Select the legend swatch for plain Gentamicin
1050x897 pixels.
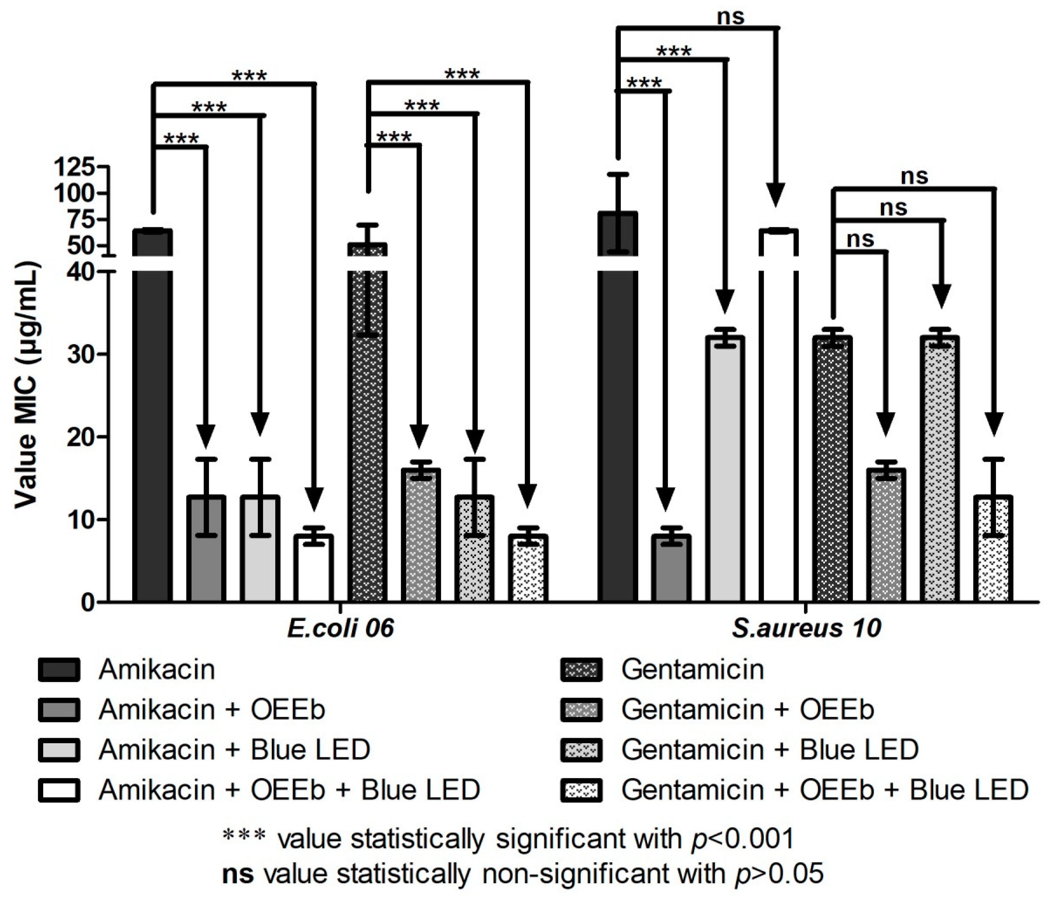(x=581, y=670)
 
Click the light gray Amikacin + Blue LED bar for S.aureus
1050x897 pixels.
(x=725, y=469)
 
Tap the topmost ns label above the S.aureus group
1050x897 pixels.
(x=731, y=17)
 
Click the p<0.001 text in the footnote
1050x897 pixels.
(x=742, y=839)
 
